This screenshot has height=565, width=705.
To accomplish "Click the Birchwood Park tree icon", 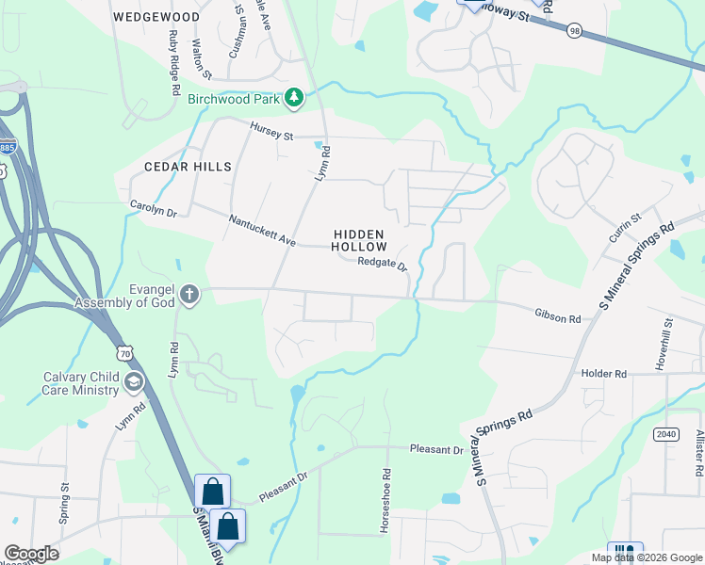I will click(295, 97).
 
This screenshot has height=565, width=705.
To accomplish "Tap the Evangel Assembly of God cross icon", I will click(189, 295).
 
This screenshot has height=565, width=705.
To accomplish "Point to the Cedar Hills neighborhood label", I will click(188, 167).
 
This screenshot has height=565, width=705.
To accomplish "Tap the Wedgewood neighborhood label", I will click(156, 17).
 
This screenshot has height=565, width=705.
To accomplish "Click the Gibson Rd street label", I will click(557, 318).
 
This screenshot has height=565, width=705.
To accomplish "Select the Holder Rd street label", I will click(604, 374).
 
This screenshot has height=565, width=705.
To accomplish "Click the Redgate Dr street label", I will click(382, 265).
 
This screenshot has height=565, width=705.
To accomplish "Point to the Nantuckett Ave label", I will click(262, 231).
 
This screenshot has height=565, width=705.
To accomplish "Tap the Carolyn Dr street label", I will click(153, 208).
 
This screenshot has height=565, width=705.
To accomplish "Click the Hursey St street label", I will click(272, 131).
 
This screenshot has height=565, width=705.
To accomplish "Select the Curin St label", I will click(625, 228).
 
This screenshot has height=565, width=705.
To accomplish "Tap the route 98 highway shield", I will click(574, 31).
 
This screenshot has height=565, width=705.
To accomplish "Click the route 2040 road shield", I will click(665, 433).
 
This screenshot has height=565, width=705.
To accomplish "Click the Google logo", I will click(31, 554).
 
